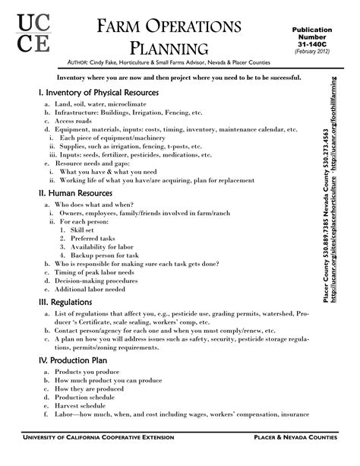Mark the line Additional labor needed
[92, 290]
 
